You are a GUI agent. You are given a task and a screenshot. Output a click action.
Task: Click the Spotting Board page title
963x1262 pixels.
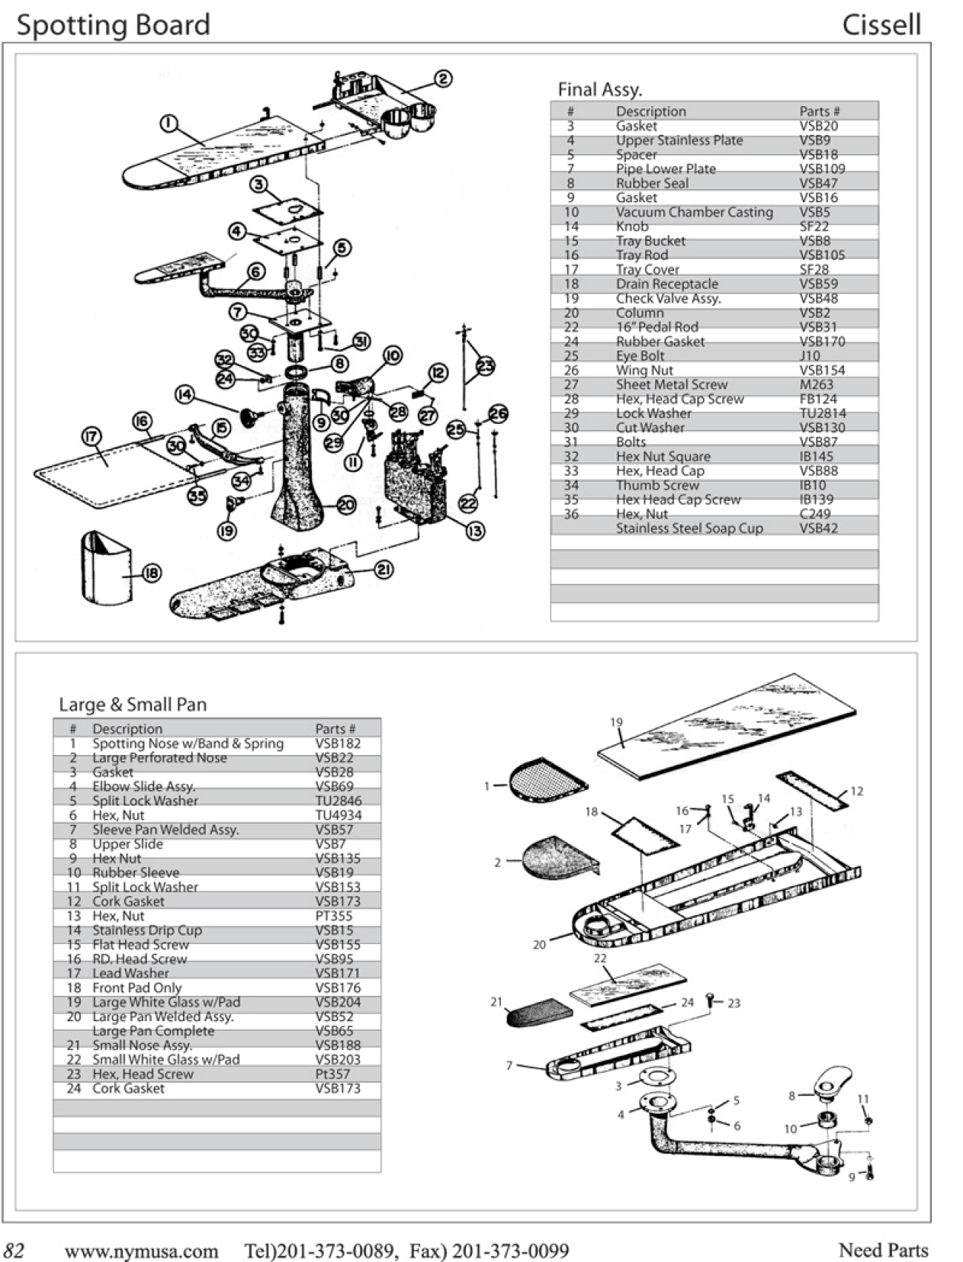113,25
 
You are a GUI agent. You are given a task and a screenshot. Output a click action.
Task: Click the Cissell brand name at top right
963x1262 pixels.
881,25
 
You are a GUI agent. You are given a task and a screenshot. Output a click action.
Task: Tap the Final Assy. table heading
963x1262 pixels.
599,90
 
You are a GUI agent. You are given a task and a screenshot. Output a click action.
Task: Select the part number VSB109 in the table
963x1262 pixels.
822,169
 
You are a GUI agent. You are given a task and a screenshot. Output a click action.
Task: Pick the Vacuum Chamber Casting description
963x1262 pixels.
694,212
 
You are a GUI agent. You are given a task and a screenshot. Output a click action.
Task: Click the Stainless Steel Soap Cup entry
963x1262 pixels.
689,528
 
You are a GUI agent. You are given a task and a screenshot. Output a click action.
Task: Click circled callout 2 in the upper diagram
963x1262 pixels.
442,79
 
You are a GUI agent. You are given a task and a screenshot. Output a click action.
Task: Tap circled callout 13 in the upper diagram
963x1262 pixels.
475,531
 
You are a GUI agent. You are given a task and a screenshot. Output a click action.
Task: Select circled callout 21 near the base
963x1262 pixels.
384,569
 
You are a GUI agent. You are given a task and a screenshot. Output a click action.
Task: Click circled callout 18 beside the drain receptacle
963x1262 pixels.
151,573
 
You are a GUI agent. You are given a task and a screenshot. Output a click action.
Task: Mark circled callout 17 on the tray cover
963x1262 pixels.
91,436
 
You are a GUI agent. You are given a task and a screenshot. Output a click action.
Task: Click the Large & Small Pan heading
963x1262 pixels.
133,705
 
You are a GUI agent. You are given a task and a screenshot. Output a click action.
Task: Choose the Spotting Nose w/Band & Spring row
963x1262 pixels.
187,743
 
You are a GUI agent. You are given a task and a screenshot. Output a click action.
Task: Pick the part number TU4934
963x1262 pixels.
338,815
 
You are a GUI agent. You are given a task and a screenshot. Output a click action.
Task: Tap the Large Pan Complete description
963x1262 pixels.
153,1031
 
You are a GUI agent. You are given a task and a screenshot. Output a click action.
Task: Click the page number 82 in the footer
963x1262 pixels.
15,1251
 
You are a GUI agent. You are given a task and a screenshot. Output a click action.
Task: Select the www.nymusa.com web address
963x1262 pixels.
141,1252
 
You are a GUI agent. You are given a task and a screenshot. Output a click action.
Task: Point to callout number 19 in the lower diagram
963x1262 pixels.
616,723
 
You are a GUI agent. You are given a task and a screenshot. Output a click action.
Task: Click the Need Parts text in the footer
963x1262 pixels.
883,1250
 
